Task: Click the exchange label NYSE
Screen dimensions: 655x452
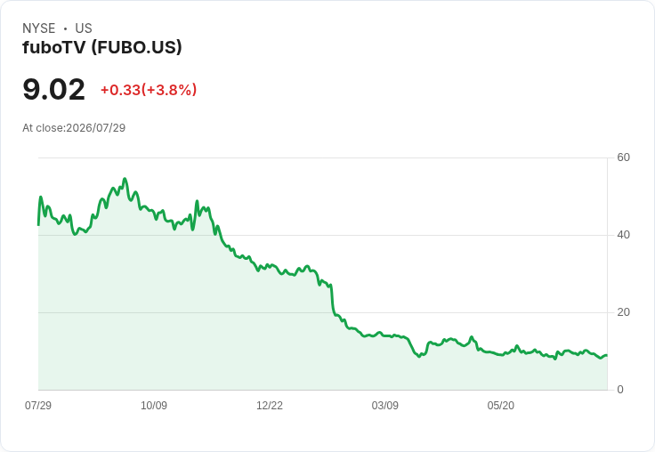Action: coord(39,28)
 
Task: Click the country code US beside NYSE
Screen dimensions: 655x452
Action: coord(84,28)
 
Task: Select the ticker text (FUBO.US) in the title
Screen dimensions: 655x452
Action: coord(136,48)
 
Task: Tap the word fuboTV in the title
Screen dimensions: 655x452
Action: coord(54,48)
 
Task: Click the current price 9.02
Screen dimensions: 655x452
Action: coord(54,90)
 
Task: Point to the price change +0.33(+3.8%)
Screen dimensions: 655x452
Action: coord(149,90)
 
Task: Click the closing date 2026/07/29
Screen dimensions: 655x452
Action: coord(95,128)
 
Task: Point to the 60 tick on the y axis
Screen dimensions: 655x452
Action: coord(623,157)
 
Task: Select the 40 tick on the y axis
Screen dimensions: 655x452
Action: coord(623,235)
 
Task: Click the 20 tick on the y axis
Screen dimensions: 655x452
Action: coord(623,312)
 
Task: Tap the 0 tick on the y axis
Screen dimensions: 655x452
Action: coord(620,390)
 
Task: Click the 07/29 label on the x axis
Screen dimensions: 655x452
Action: coord(38,405)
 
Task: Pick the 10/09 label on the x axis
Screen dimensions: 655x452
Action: coord(154,405)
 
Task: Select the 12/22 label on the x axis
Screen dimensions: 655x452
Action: coord(270,405)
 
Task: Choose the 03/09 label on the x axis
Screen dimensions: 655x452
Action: coord(385,405)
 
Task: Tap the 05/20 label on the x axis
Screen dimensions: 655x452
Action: coord(501,405)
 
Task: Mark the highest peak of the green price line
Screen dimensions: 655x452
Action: coord(125,179)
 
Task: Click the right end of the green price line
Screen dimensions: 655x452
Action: coord(607,356)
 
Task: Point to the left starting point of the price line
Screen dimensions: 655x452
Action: coord(39,225)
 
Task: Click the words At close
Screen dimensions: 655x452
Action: coord(43,128)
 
